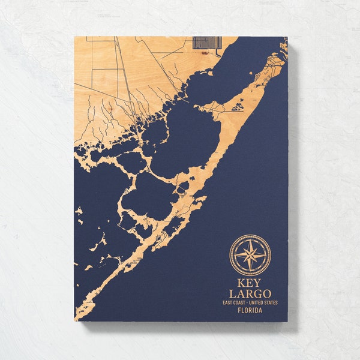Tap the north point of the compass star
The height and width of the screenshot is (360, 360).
[250, 239]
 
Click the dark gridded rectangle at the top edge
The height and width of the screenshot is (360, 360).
[207, 43]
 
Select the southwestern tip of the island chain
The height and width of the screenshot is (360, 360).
[77, 317]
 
